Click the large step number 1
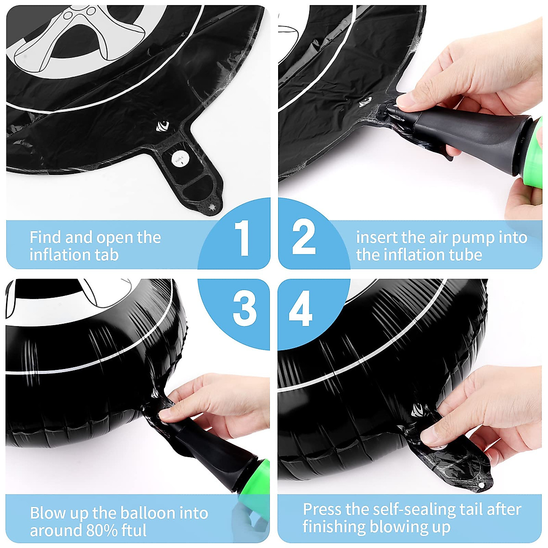tap(242, 238)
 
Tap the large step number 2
tap(304, 237)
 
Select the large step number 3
tap(244, 309)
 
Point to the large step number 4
tap(301, 309)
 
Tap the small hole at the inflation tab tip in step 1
tap(211, 207)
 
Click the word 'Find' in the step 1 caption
tap(45, 237)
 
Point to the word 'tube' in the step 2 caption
tap(464, 255)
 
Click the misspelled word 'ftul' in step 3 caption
tap(133, 531)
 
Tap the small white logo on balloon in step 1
tap(162, 126)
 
